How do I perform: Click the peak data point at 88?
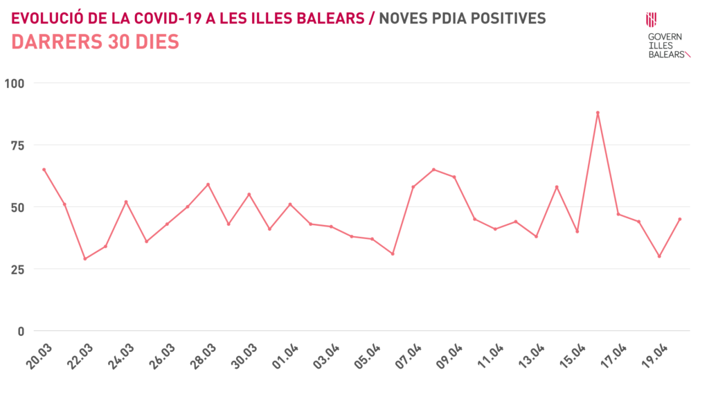tap(598, 113)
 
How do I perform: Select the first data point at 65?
tap(44, 170)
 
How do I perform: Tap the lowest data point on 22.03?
tap(85, 258)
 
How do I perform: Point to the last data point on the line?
tap(680, 219)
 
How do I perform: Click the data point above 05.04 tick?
tap(372, 239)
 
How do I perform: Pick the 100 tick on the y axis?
tap(14, 83)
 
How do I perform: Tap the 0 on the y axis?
tap(20, 331)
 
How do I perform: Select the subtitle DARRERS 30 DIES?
tap(96, 42)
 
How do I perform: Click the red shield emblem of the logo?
tap(652, 19)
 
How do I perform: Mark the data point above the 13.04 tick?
tap(557, 187)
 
